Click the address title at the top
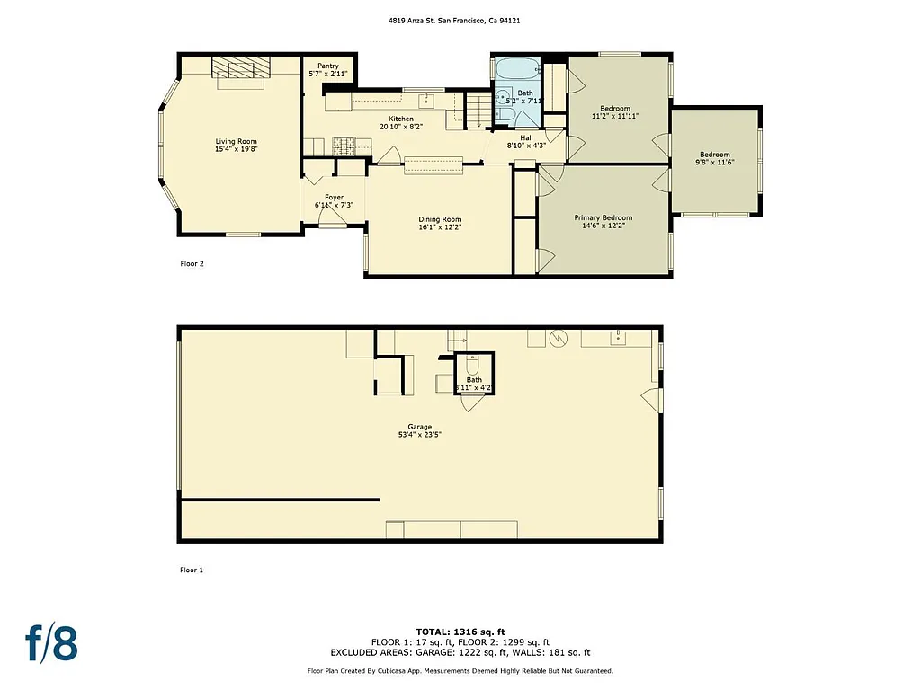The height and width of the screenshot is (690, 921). click(460, 21)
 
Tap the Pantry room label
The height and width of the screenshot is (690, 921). click(328, 70)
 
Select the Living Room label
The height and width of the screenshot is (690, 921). click(236, 146)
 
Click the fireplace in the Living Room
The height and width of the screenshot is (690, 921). click(239, 68)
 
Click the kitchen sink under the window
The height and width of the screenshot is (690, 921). click(425, 101)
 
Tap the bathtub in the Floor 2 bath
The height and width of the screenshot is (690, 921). click(515, 68)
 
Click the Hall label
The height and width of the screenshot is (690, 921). click(526, 141)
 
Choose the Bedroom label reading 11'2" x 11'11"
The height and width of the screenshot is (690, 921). click(615, 112)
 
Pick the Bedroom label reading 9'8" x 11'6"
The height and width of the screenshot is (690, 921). click(715, 158)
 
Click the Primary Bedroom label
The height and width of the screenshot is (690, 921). click(603, 222)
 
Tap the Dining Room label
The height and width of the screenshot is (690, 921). click(440, 224)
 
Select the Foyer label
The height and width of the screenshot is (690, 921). click(334, 201)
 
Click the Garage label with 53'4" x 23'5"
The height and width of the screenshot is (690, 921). click(419, 430)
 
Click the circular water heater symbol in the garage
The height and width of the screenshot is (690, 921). click(558, 338)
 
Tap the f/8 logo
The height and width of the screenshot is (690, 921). click(51, 643)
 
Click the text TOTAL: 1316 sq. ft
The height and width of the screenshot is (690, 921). click(460, 632)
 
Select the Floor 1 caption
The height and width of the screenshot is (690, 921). click(192, 570)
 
